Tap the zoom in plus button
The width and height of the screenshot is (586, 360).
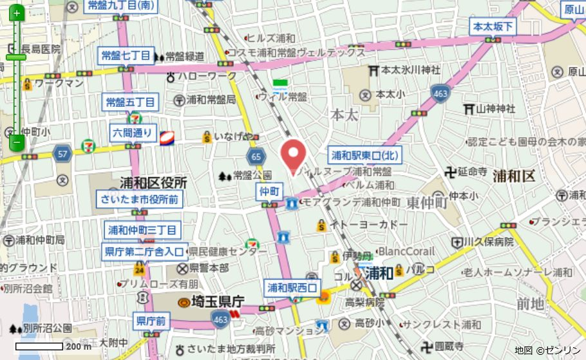pos(17,13)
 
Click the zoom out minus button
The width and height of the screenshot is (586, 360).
pos(17,142)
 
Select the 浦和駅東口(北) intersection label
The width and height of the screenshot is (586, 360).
pos(365,155)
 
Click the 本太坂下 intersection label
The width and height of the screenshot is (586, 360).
pos(493,26)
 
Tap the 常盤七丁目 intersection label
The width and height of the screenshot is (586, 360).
pos(126,55)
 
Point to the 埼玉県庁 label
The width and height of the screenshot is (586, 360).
pos(211,301)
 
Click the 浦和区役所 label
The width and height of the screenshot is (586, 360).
pos(153,182)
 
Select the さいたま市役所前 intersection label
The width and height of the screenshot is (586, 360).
pos(138,199)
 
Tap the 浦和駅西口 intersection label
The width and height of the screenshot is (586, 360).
pos(291,287)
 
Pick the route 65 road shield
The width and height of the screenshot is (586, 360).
pos(256,156)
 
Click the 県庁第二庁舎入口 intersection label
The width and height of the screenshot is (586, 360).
pos(144,251)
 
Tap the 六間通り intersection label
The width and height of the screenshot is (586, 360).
pos(133,133)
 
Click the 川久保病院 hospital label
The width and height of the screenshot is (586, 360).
pos(489,242)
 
